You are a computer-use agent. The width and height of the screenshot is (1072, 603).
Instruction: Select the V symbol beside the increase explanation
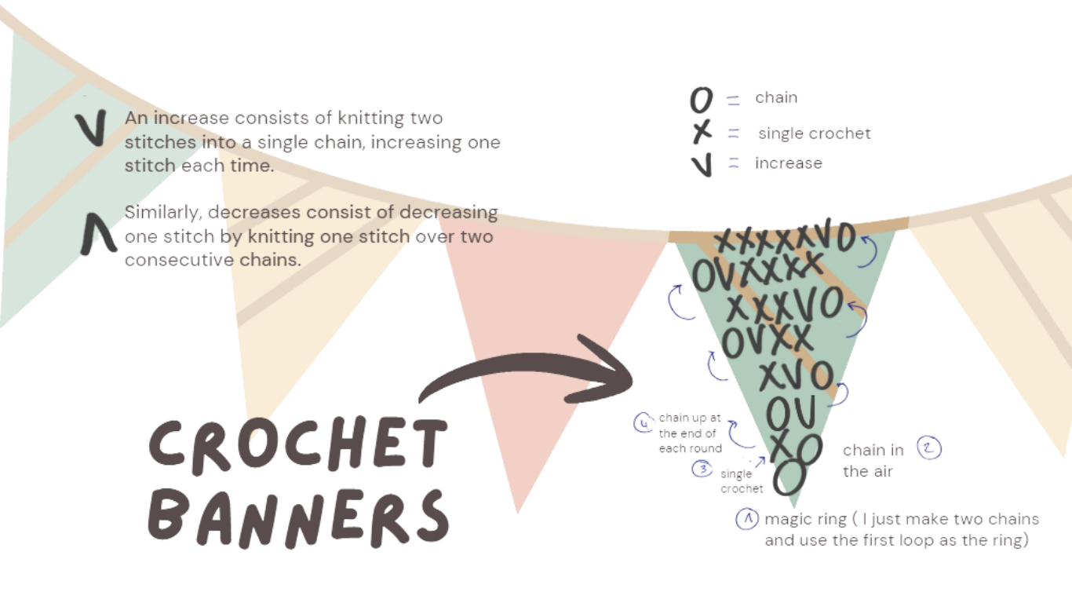pos(93,129)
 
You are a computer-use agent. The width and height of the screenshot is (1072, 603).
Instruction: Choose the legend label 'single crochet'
pos(813,133)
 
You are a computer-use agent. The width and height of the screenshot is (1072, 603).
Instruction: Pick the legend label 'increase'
pos(789,163)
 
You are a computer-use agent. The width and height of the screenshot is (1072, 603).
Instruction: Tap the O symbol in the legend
pos(701,100)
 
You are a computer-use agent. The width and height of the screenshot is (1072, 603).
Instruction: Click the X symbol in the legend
pos(701,133)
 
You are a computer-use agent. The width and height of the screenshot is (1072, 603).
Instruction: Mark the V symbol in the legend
pos(702,163)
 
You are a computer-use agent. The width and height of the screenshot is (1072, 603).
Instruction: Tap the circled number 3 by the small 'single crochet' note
pos(703,469)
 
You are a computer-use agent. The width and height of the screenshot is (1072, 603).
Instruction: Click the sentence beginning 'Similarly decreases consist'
pos(311,236)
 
